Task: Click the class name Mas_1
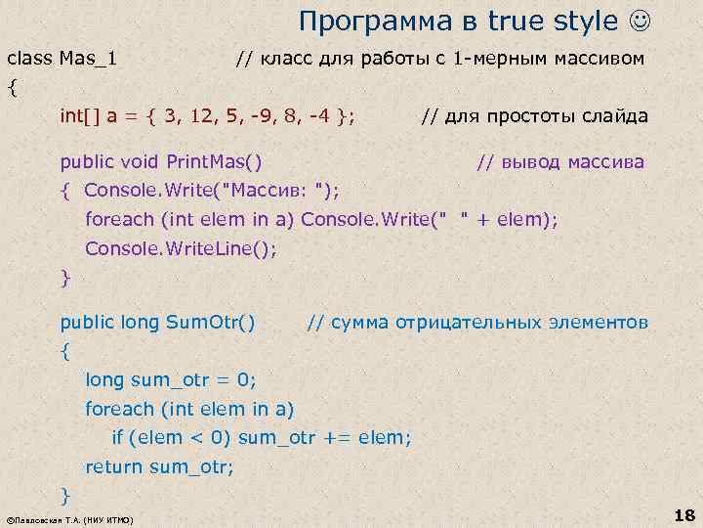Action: [x=89, y=59]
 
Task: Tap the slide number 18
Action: [x=683, y=515]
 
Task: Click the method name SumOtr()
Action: [x=211, y=322]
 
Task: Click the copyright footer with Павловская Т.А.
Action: [x=69, y=519]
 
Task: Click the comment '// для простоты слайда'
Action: [x=534, y=117]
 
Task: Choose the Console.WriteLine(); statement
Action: [x=181, y=248]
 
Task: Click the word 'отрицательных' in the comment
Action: [x=459, y=322]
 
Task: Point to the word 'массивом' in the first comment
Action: [x=602, y=59]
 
